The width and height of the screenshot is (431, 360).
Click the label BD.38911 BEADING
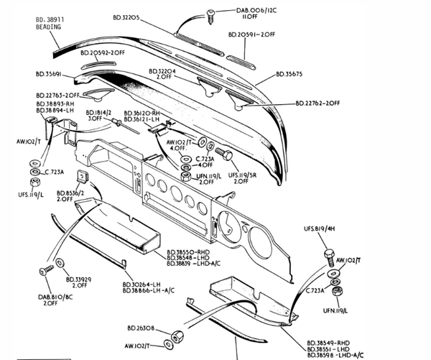(x=50, y=22)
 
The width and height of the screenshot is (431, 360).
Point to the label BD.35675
(x=290, y=73)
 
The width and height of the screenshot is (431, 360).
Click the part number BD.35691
(x=52, y=73)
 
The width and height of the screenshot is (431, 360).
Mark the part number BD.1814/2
(x=99, y=114)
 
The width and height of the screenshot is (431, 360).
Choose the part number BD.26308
(x=149, y=328)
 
